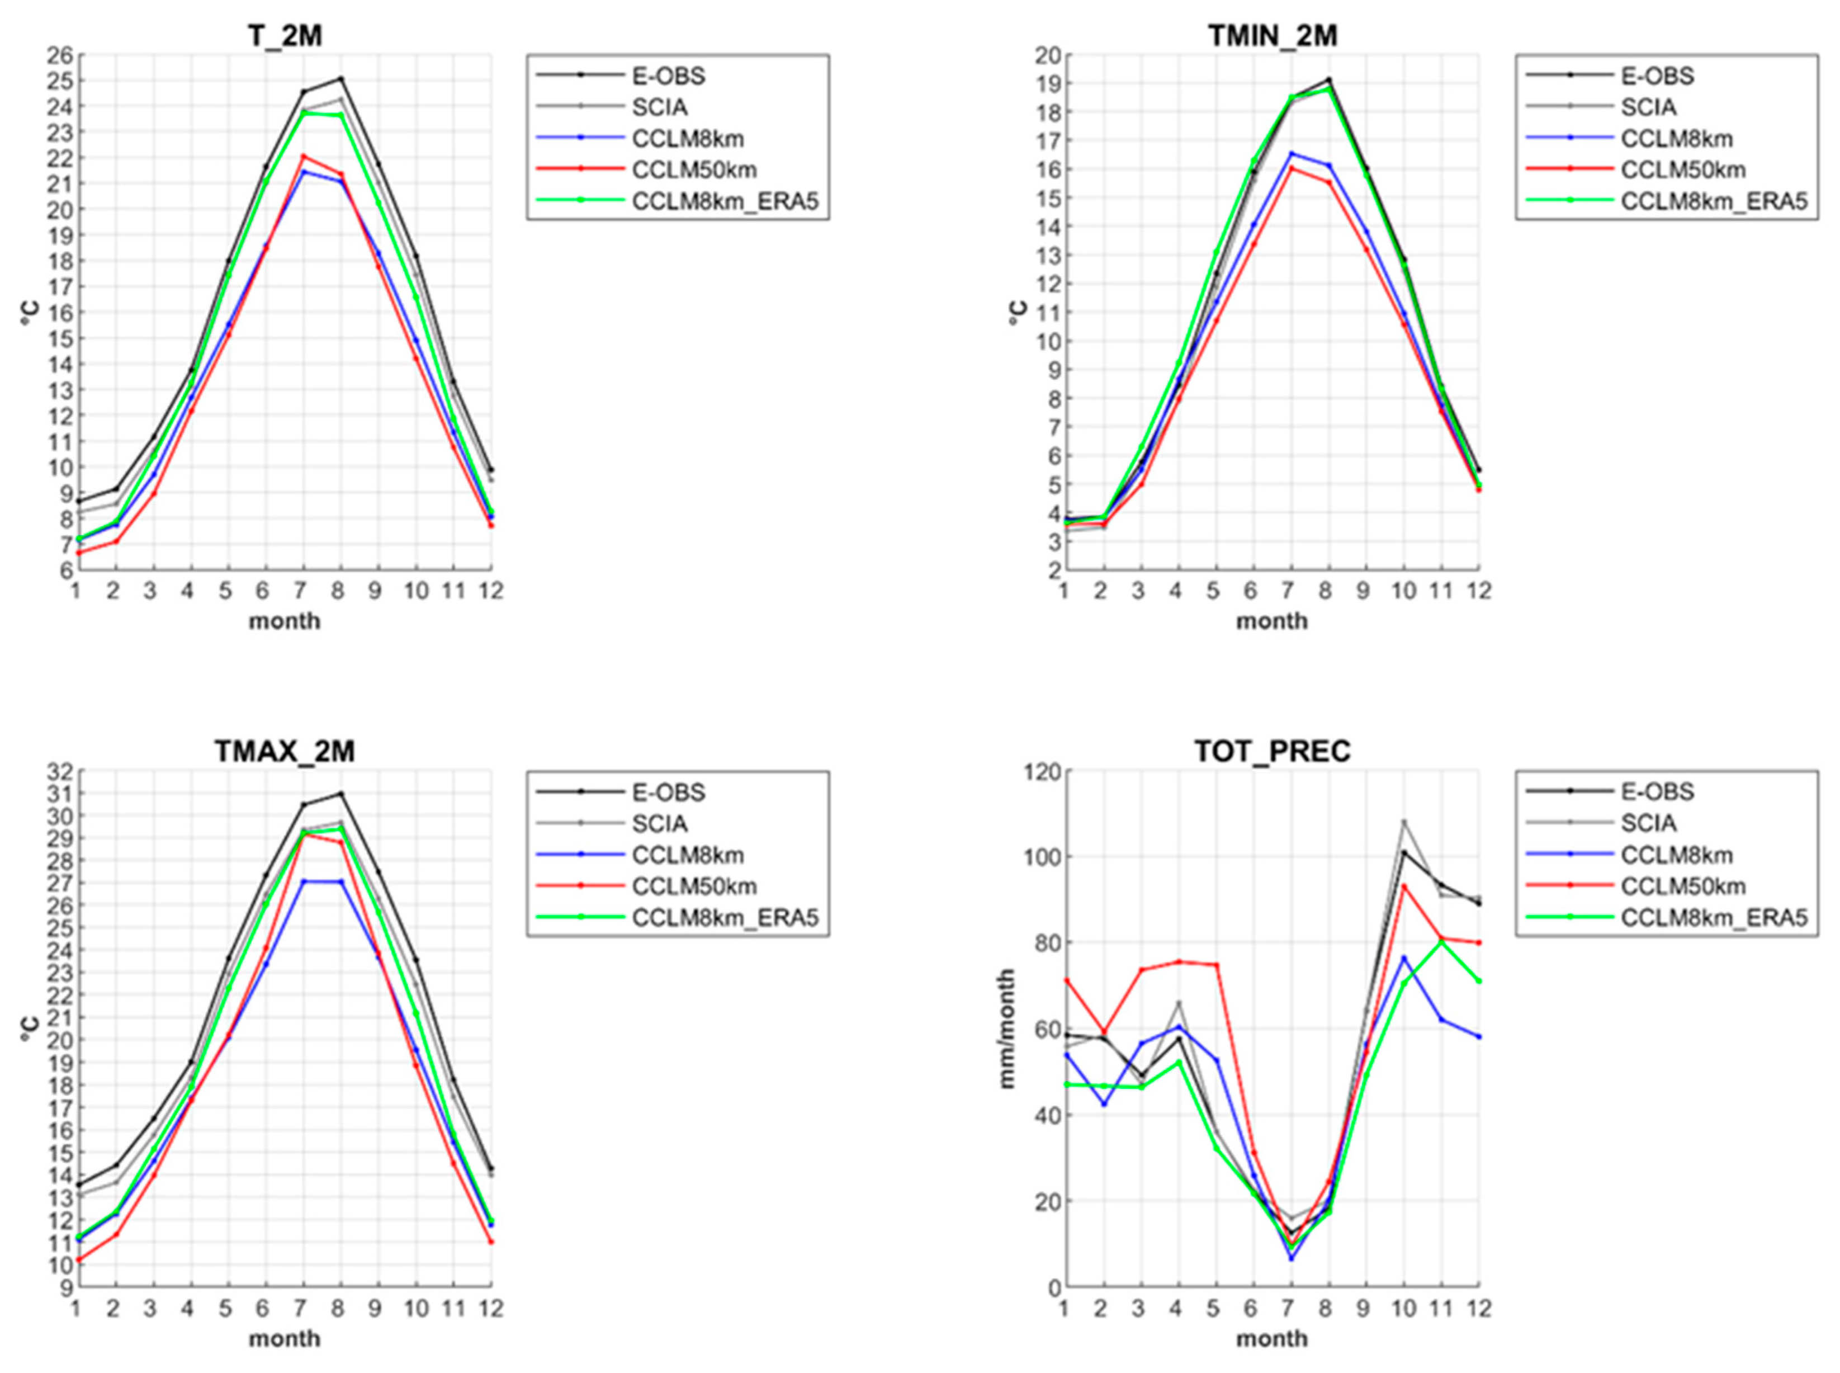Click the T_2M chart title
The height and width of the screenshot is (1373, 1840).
click(285, 36)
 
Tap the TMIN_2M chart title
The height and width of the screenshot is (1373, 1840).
click(1272, 36)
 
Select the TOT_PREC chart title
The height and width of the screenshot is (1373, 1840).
click(1272, 751)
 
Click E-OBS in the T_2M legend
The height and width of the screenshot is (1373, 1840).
click(668, 76)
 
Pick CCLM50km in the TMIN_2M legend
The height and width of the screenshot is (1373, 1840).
click(1682, 169)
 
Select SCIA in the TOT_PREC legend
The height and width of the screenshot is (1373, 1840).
click(1648, 823)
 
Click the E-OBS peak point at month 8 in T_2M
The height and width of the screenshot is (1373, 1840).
click(340, 79)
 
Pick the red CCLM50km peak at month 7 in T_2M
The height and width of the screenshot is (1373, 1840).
click(303, 156)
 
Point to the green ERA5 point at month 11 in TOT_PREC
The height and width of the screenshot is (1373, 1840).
click(1441, 942)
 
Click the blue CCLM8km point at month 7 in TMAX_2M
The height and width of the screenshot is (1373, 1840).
click(303, 881)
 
